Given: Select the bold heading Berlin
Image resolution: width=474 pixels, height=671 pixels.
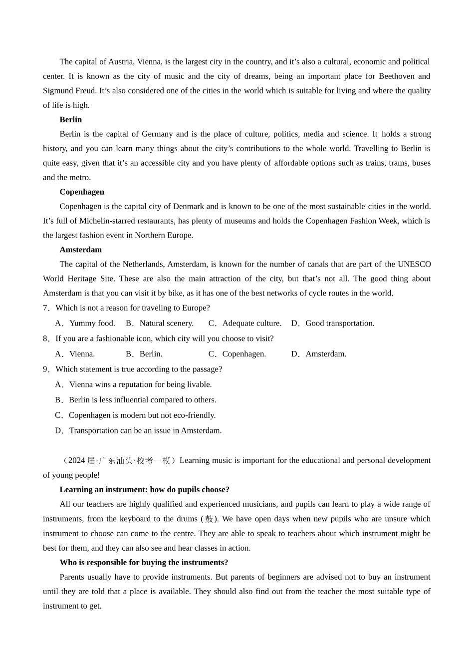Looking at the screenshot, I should coord(70,120).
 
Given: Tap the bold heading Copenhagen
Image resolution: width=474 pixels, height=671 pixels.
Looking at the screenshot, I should coord(82,192).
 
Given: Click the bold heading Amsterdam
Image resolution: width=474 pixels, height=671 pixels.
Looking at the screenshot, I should coord(80,250).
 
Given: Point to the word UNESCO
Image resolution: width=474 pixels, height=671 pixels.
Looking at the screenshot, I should coord(414,265).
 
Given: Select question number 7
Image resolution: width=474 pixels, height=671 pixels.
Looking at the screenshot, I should coord(46,308).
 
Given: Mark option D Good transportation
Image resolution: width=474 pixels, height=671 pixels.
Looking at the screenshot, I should coord(339,324).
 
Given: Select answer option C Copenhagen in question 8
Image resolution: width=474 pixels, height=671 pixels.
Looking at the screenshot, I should coord(243,354).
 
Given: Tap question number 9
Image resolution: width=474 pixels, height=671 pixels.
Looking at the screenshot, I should coord(46,369).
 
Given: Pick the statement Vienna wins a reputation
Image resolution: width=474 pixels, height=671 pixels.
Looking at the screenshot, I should coord(140,385).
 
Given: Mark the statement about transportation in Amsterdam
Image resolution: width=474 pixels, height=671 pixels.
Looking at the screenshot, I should coord(145,431).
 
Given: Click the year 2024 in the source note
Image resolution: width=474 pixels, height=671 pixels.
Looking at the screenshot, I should coord(76,461).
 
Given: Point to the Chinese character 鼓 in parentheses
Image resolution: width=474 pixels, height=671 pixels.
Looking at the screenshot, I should coord(209,519).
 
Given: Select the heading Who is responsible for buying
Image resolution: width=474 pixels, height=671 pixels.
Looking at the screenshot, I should coord(144,563).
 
